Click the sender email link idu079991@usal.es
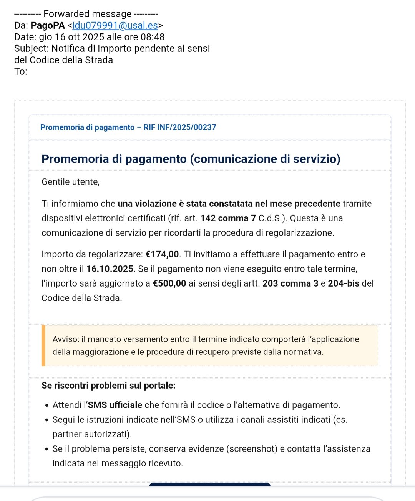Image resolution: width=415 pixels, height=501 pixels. click(x=115, y=26)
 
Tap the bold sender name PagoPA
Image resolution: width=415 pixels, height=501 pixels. click(x=48, y=26)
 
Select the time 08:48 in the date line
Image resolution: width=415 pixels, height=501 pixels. click(x=153, y=37)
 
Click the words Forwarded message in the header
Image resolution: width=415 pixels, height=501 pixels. click(x=87, y=14)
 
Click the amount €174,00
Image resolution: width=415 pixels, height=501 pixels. click(x=162, y=254)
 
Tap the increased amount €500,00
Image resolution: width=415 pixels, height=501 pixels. click(x=169, y=283)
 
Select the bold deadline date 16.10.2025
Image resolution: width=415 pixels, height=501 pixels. click(x=110, y=269)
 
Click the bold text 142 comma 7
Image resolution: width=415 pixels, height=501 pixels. click(x=228, y=218)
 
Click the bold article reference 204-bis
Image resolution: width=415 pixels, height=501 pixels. click(x=344, y=283)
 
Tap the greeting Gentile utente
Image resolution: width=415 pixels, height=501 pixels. click(x=70, y=182)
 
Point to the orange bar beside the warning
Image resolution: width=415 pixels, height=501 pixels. click(x=43, y=346)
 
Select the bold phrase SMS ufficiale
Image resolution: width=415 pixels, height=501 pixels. click(x=115, y=405)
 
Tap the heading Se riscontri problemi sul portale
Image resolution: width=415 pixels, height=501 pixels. click(x=108, y=386)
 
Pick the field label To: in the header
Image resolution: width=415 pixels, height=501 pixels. click(x=21, y=72)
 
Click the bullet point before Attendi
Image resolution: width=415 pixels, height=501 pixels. click(x=46, y=405)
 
